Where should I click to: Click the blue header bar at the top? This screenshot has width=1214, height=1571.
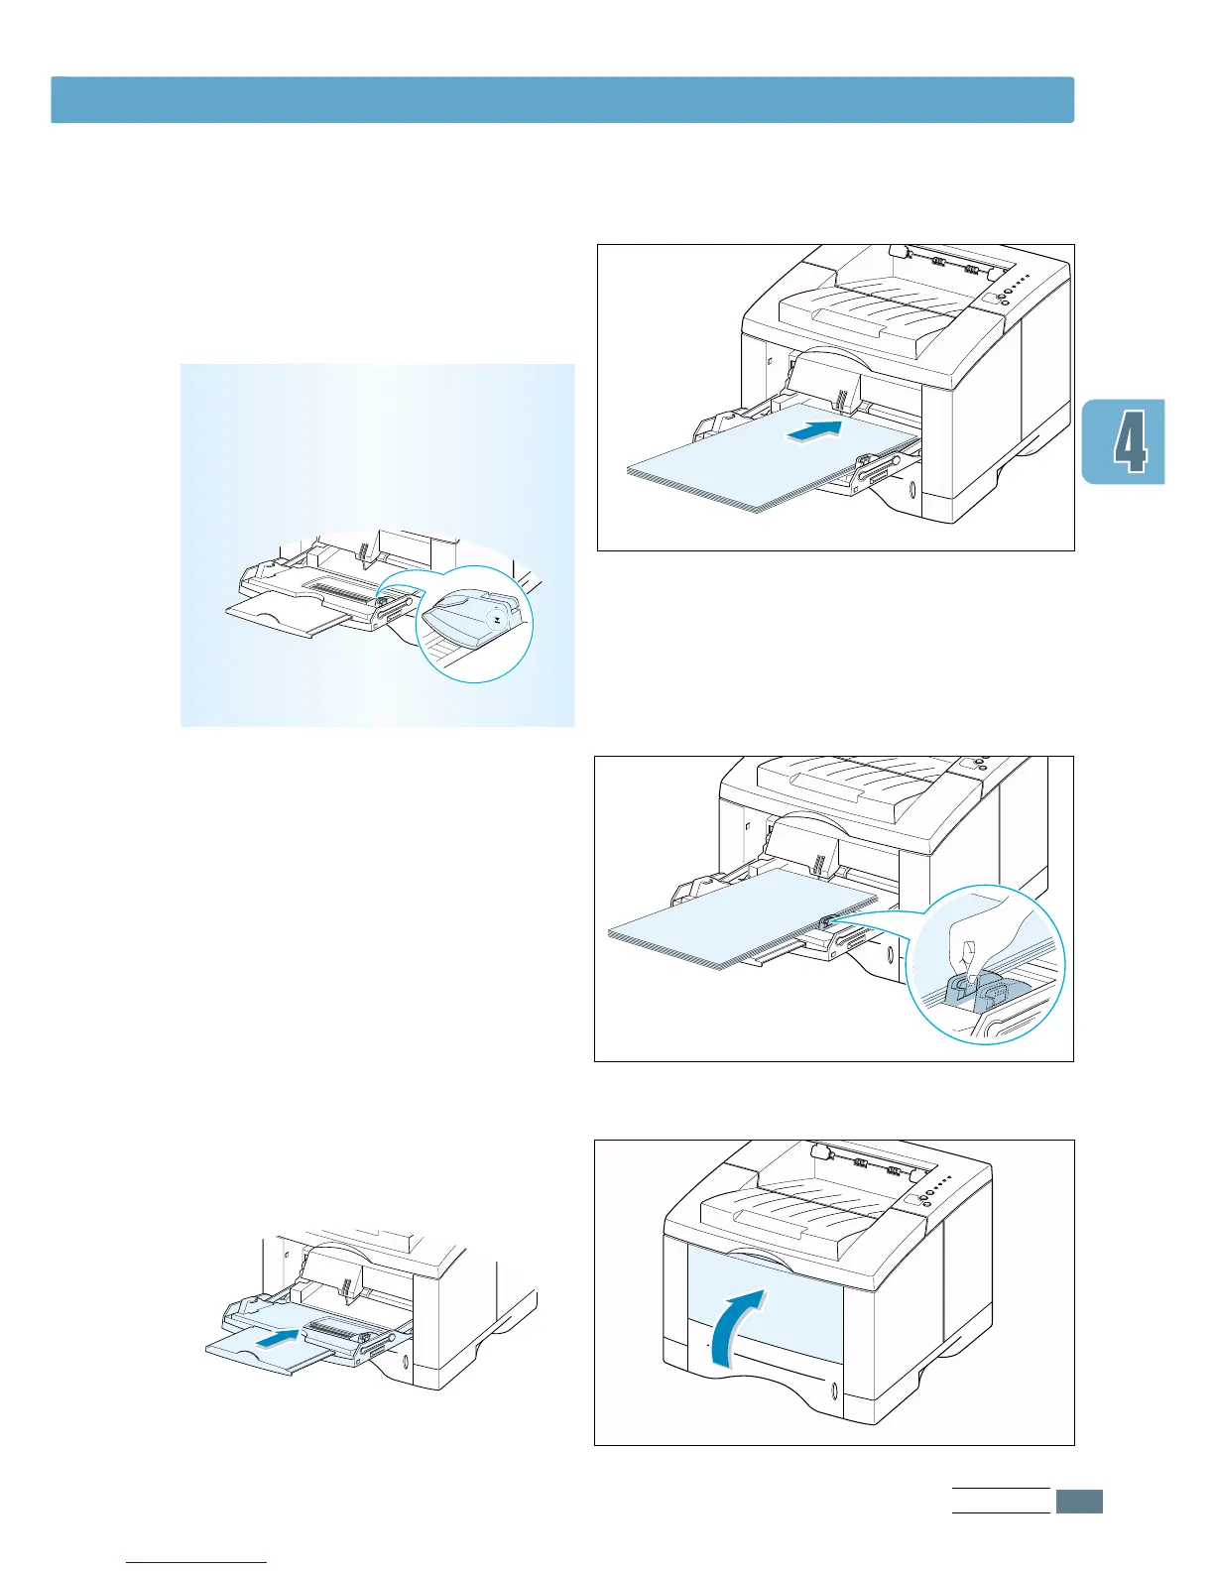point(562,100)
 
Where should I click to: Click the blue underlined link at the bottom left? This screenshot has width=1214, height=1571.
point(197,1563)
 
